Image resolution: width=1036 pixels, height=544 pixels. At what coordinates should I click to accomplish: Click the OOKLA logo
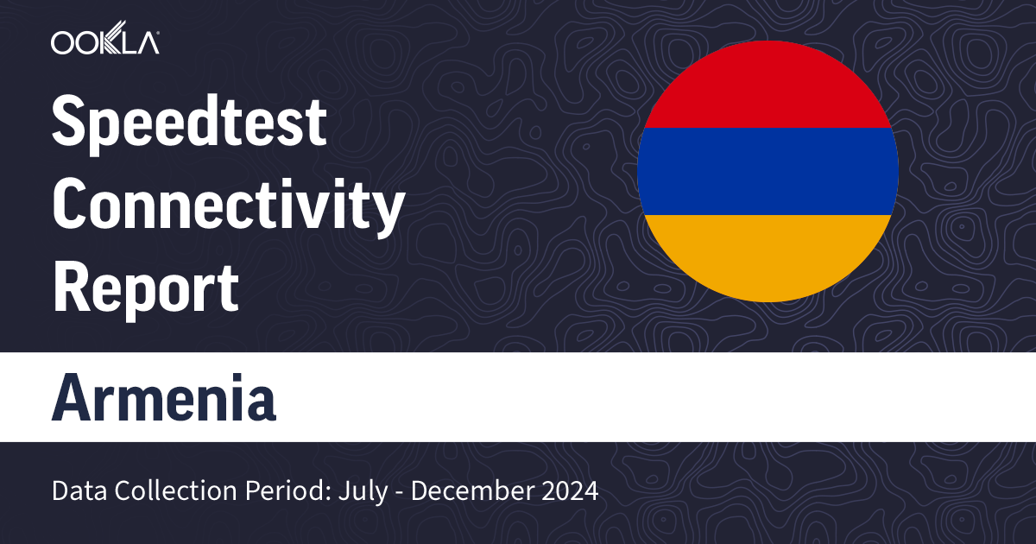pos(104,42)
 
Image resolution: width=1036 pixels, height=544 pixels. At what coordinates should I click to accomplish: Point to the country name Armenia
pos(164,397)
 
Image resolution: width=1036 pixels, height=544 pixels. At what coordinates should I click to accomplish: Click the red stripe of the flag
pos(768,86)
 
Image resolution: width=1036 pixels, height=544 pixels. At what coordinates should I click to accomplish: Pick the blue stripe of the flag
pos(768,171)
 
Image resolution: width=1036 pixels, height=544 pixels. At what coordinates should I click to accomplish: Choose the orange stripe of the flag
pos(768,255)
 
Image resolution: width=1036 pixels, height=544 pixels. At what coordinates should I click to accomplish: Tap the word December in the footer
pos(470,491)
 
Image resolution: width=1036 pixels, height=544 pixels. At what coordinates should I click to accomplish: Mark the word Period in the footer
pos(262,491)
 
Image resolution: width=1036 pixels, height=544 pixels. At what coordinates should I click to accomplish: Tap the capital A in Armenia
pos(71,397)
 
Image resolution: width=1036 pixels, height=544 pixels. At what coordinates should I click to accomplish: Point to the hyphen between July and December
pos(400,493)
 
